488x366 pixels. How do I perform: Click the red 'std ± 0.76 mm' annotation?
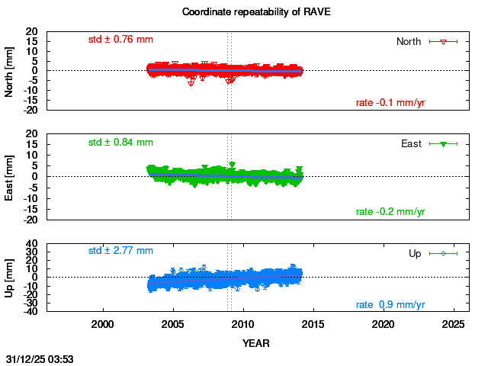[120, 39]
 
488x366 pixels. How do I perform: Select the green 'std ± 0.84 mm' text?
[120, 142]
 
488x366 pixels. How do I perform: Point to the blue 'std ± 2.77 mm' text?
[120, 250]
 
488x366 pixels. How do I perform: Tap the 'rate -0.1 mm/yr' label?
[390, 103]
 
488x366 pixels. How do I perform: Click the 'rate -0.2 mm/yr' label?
[390, 211]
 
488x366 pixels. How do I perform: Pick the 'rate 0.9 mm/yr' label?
[390, 305]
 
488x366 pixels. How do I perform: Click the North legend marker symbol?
[443, 41]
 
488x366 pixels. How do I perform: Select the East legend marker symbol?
[443, 143]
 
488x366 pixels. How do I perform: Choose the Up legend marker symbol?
[443, 253]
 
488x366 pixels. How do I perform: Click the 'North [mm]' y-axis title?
[9, 71]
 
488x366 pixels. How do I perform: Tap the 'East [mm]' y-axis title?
[9, 177]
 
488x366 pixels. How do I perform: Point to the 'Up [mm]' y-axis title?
[9, 278]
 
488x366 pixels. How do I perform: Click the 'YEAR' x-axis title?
[255, 343]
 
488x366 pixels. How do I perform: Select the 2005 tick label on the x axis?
[173, 324]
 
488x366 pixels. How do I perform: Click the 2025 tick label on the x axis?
[454, 324]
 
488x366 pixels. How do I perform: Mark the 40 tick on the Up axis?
[33, 244]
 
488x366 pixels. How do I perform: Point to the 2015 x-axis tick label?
[313, 324]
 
